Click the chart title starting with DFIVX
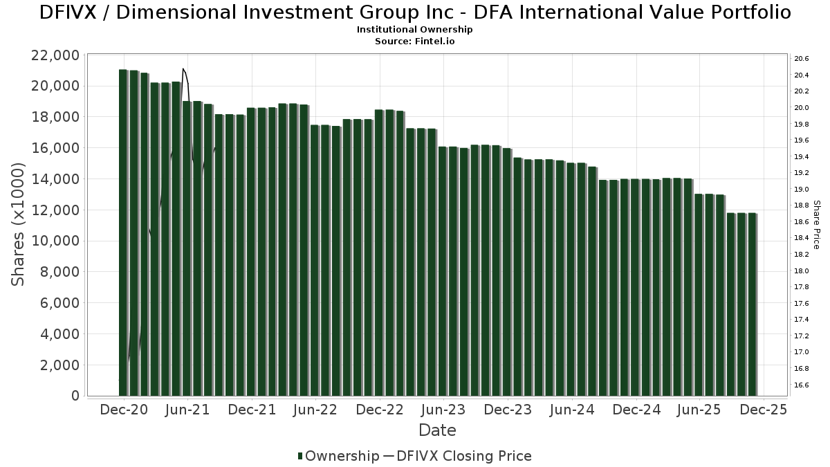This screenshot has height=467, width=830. coord(415,12)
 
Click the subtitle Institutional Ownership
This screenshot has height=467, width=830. coord(414,30)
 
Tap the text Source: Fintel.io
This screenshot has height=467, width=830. coord(414,42)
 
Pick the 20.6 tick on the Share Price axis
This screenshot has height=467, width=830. coord(802,59)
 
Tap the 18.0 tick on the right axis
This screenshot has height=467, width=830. coord(802,271)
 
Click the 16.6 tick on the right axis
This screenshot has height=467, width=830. coord(802,385)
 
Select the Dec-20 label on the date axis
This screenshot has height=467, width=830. coord(124,410)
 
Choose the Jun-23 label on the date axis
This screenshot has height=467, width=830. coord(443,410)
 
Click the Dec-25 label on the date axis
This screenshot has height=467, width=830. coord(764,410)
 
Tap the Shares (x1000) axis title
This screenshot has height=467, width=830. coord(19,225)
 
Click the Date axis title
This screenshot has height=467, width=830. coord(437,430)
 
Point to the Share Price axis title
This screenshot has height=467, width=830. coord(816,225)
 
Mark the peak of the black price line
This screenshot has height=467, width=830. coord(183,69)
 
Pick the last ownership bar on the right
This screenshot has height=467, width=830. coord(752,304)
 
